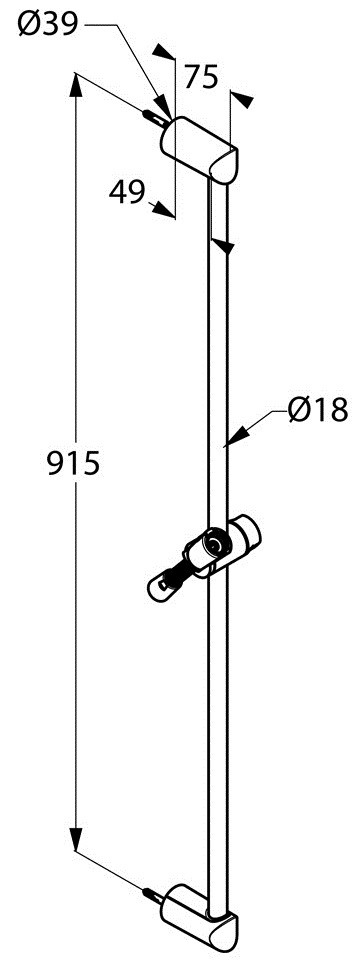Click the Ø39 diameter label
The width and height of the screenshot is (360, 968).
(48, 25)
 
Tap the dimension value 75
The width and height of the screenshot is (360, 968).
(201, 78)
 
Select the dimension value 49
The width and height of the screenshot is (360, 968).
(126, 192)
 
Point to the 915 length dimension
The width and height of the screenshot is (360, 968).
(73, 463)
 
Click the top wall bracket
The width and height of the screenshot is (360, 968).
(199, 149)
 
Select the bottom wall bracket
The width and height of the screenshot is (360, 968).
(199, 912)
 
